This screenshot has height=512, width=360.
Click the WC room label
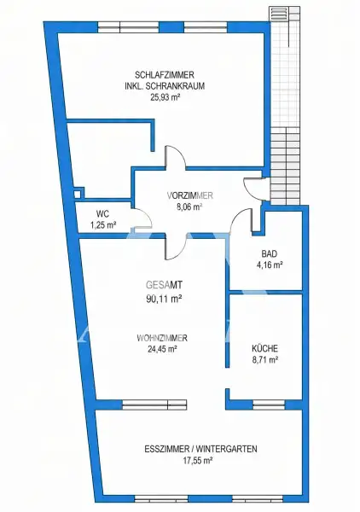102,213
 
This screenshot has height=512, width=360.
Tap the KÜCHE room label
264,348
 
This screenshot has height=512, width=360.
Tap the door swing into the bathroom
244,220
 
